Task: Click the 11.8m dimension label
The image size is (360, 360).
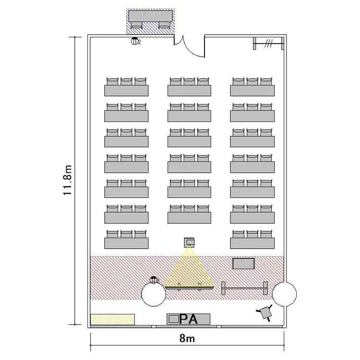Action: [68, 180]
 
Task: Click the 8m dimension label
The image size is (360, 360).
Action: [187, 338]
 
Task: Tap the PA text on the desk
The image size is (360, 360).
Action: [189, 319]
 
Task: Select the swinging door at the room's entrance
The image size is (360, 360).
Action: [189, 46]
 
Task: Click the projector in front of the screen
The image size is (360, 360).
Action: [189, 242]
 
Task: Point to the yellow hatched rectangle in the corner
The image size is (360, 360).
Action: [112, 319]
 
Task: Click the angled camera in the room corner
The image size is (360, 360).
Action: [265, 312]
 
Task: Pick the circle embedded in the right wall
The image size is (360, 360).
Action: [284, 294]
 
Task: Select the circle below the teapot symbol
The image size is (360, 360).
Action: [154, 294]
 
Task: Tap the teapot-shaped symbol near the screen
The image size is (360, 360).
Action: [154, 280]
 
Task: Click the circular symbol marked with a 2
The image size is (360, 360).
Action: [135, 41]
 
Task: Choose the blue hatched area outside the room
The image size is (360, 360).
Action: [150, 22]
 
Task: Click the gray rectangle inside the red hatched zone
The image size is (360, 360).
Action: [243, 264]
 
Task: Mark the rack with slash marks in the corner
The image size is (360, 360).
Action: [268, 43]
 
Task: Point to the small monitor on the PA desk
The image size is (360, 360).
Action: [174, 319]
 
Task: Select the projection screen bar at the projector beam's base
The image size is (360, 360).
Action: [189, 287]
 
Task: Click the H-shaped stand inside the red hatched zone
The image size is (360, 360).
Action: [244, 288]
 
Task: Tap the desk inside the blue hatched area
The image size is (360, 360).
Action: [150, 16]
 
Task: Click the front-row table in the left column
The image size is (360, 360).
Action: [126, 243]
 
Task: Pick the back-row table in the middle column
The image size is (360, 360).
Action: [189, 90]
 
